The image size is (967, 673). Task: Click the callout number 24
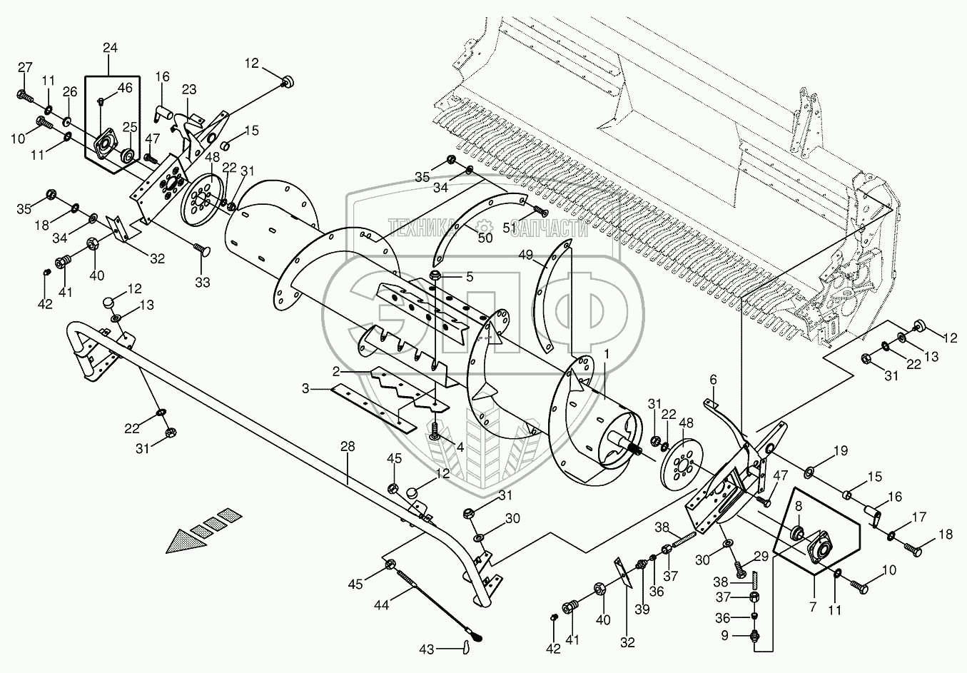pyautogui.click(x=111, y=49)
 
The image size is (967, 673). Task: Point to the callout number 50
pyautogui.click(x=486, y=238)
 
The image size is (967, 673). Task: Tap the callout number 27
pyautogui.click(x=25, y=68)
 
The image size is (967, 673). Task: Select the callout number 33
pyautogui.click(x=203, y=282)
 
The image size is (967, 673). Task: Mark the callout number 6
pyautogui.click(x=713, y=380)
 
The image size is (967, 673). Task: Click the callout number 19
pyautogui.click(x=841, y=452)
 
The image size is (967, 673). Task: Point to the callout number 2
pyautogui.click(x=333, y=373)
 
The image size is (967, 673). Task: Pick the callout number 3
pyautogui.click(x=305, y=389)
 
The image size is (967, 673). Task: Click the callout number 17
pyautogui.click(x=919, y=517)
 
